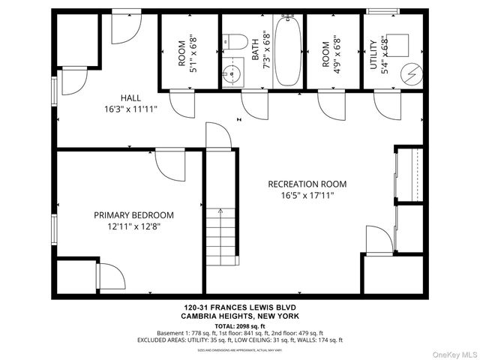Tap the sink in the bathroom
click(x=232, y=75)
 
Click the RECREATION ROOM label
click(x=307, y=184)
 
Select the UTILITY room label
click(x=373, y=52)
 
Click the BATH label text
click(x=256, y=49)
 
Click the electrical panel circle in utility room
click(x=411, y=73)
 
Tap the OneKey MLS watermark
click(x=453, y=353)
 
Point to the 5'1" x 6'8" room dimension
click(x=193, y=52)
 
